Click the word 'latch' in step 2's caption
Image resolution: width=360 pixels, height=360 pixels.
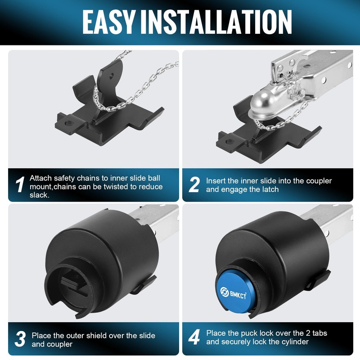coord(270,189)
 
